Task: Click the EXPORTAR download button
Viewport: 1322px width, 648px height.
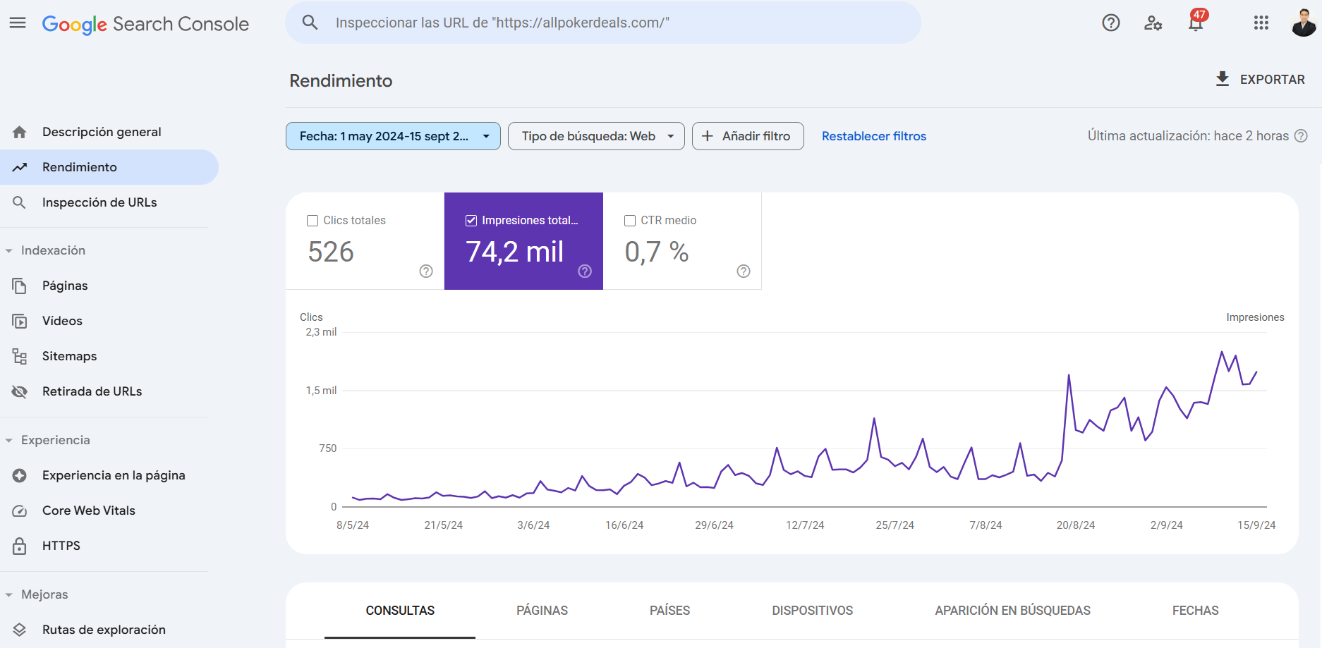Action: tap(1260, 80)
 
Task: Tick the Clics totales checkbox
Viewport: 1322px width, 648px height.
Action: tap(313, 221)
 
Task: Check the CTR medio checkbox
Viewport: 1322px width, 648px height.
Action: tap(630, 221)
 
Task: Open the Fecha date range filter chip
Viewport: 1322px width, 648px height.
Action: tap(392, 136)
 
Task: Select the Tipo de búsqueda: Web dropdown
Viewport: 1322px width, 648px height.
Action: tap(596, 136)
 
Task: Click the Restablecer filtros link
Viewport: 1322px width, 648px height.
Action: tap(873, 136)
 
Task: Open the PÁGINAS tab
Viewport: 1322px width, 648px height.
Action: tap(542, 611)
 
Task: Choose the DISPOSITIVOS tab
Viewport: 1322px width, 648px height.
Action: tap(812, 611)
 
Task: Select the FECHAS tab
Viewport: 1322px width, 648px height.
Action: tap(1195, 611)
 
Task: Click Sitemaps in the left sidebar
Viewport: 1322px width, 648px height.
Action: tap(69, 356)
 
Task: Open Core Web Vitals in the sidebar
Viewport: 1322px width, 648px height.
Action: tap(88, 511)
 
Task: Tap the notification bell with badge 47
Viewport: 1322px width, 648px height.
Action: tap(1195, 23)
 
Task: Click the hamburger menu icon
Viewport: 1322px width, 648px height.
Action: tap(18, 23)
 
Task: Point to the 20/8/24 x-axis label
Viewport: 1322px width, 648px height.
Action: tap(1075, 525)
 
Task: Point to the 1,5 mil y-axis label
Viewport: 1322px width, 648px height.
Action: tap(321, 391)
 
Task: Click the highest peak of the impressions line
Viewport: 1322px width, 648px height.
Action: tap(1222, 352)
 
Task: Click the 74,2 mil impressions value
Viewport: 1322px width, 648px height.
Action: tap(514, 252)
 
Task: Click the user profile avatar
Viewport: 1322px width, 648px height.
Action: tap(1303, 23)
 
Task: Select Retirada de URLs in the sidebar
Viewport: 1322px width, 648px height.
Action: tap(92, 391)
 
